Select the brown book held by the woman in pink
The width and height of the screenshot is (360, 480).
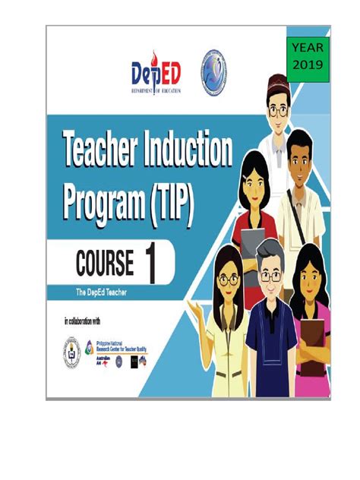pos(312,339)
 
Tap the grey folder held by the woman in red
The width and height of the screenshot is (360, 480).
pos(253,242)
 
